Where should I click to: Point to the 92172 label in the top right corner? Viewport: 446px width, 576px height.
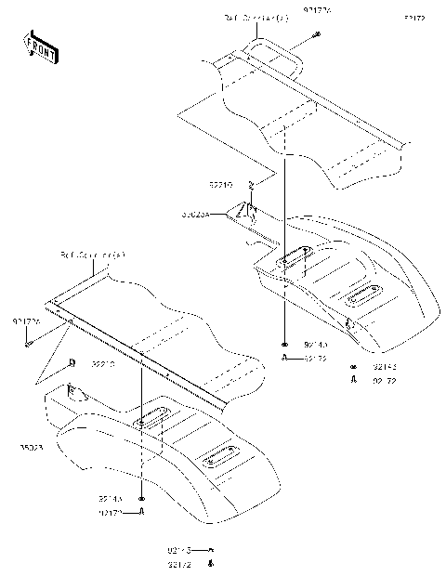pos(414,18)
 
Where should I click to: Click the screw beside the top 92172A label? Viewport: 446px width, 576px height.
pos(317,34)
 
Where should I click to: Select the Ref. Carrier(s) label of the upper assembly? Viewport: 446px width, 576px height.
pos(249,18)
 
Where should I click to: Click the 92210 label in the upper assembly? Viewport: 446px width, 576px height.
pos(220,185)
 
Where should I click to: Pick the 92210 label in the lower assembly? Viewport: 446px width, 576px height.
pos(103,365)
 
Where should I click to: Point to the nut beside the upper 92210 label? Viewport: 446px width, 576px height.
pos(251,186)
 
